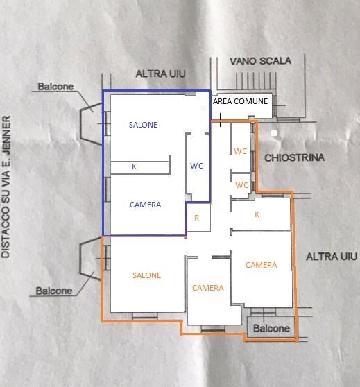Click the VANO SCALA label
pyautogui.click(x=261, y=61)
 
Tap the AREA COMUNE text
pyautogui.click(x=241, y=101)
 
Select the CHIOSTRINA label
pyautogui.click(x=294, y=157)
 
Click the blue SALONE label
pyautogui.click(x=143, y=125)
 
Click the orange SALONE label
pyautogui.click(x=147, y=275)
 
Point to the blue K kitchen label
pyautogui.click(x=134, y=166)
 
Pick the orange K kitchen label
pyautogui.click(x=257, y=214)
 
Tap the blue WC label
pyautogui.click(x=196, y=166)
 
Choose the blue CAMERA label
pyautogui.click(x=146, y=205)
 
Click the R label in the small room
pyautogui.click(x=196, y=218)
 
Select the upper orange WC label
pyautogui.click(x=241, y=151)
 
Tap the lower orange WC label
pyautogui.click(x=241, y=185)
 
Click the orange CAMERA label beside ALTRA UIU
pyautogui.click(x=262, y=265)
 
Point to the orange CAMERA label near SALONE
pyautogui.click(x=208, y=288)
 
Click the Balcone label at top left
pyautogui.click(x=55, y=87)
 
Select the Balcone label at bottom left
pyautogui.click(x=54, y=291)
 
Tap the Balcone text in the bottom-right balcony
pyautogui.click(x=272, y=329)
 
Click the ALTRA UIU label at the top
pyautogui.click(x=160, y=74)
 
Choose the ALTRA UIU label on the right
pyautogui.click(x=332, y=257)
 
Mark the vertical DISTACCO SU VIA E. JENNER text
pyautogui.click(x=6, y=187)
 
